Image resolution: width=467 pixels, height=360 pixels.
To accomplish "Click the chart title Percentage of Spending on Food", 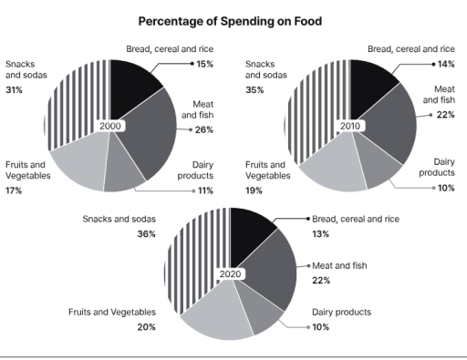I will point(233,19).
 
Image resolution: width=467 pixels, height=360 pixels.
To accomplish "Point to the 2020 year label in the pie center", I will point(231,273).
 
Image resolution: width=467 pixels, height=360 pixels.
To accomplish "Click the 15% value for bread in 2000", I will point(205,64).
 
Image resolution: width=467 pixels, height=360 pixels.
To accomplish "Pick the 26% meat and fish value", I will point(204,130).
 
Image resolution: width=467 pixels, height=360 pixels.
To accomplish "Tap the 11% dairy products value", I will point(205,190).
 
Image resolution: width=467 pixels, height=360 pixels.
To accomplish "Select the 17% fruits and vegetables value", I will point(14,190).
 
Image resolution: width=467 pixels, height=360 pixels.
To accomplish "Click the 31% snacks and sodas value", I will point(14,89).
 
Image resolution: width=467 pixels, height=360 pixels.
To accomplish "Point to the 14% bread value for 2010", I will point(444,64).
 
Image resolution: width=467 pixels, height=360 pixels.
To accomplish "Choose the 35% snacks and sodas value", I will point(254,89).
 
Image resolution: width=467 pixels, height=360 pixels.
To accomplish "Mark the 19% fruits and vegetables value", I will point(254,190).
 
